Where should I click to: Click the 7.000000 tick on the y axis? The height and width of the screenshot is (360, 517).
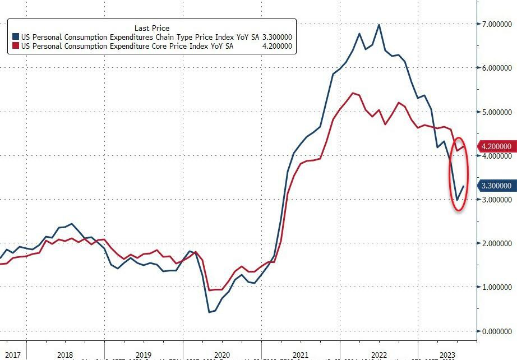[x=496, y=25]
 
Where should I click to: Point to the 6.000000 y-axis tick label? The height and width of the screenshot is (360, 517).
[x=496, y=68]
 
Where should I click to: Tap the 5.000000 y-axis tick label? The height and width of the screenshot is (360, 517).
[x=496, y=112]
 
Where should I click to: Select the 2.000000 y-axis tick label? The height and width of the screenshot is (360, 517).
[x=496, y=243]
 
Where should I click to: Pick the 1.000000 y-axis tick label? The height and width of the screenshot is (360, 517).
[x=496, y=287]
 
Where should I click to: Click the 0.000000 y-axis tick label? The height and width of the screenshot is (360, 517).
[x=496, y=331]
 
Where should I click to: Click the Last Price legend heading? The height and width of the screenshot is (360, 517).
[x=152, y=28]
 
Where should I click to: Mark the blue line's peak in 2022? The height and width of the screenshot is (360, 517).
[x=380, y=25]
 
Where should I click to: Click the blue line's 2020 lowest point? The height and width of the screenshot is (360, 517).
[x=209, y=312]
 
